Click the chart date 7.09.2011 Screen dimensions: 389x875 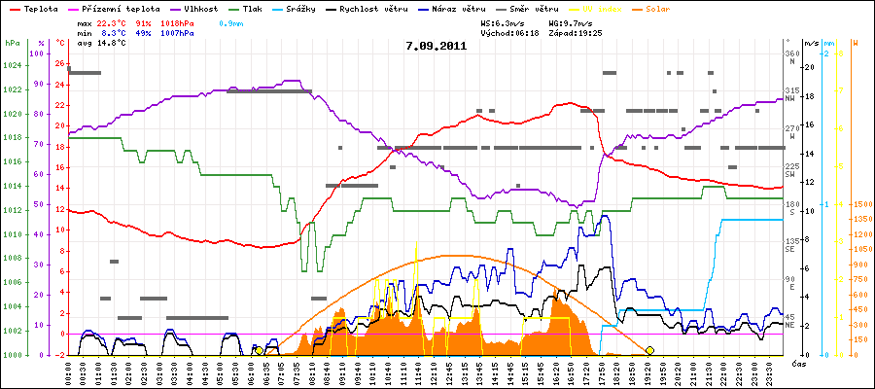[437, 46]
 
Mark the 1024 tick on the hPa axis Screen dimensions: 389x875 [12, 66]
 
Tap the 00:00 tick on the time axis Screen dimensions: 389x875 [69, 372]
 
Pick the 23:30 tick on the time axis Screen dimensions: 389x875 [769, 372]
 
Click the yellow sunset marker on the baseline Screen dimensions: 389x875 [648, 350]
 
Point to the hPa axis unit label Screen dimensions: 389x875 [12, 44]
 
